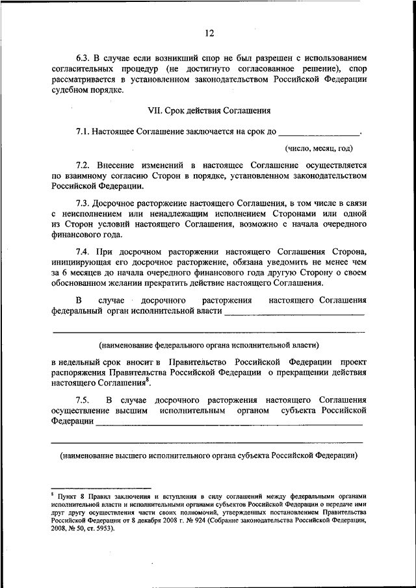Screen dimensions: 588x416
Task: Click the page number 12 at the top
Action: click(208, 33)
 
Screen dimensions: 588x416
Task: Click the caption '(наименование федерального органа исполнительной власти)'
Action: click(208, 344)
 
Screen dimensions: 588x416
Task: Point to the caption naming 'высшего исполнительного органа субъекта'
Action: click(208, 455)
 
